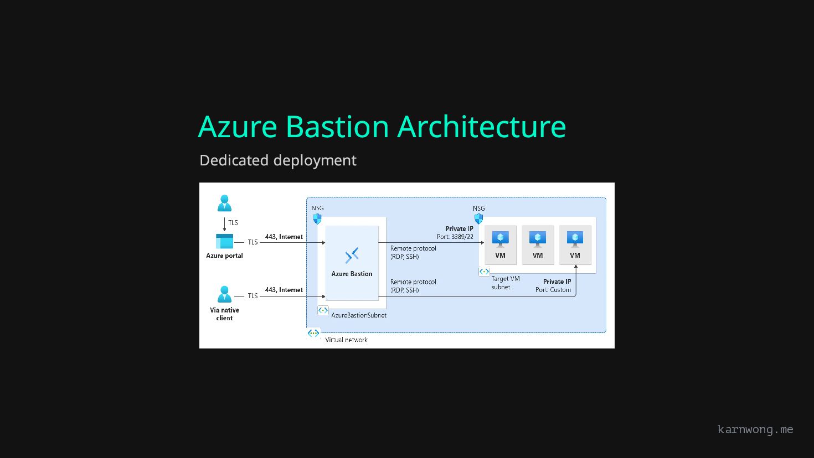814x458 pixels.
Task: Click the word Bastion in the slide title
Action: [x=337, y=127]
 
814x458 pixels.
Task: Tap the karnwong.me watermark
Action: [x=755, y=429]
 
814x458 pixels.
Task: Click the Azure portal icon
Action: [x=224, y=242]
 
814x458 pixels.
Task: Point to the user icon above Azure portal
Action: [x=224, y=203]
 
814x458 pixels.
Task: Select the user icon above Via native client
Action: [x=224, y=294]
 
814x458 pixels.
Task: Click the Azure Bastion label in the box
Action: [x=352, y=274]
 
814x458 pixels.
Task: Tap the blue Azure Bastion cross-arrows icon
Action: [x=352, y=255]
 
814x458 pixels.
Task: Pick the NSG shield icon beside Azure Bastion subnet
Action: [x=317, y=219]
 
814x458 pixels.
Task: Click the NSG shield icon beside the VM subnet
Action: [x=478, y=219]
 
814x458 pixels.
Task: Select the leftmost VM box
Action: [x=500, y=244]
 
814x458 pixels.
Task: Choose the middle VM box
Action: [x=538, y=244]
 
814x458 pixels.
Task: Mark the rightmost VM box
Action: [x=575, y=244]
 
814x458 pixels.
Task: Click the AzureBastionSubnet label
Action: [x=359, y=315]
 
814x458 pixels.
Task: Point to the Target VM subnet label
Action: [x=505, y=283]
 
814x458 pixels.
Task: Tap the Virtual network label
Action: [x=346, y=340]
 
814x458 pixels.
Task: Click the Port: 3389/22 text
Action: [x=455, y=237]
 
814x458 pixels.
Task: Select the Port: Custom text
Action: [x=553, y=290]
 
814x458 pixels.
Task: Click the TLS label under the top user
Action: [x=233, y=223]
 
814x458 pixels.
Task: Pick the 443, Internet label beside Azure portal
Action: [x=284, y=237]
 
